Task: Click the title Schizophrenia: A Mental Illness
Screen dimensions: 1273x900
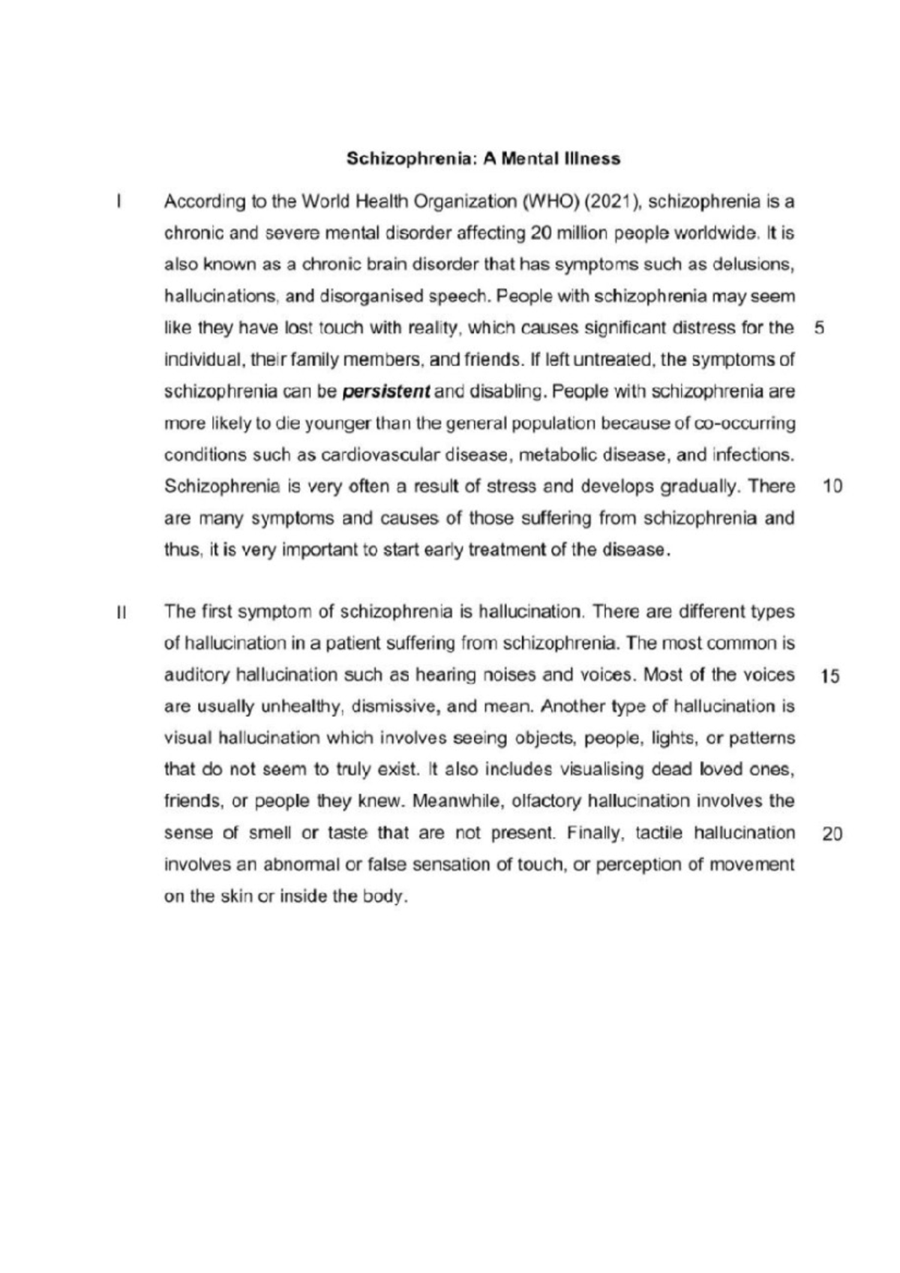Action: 483,159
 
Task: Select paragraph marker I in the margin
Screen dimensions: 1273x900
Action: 118,202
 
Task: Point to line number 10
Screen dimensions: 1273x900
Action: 832,487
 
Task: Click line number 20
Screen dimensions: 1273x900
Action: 832,834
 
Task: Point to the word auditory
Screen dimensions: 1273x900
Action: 196,675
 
